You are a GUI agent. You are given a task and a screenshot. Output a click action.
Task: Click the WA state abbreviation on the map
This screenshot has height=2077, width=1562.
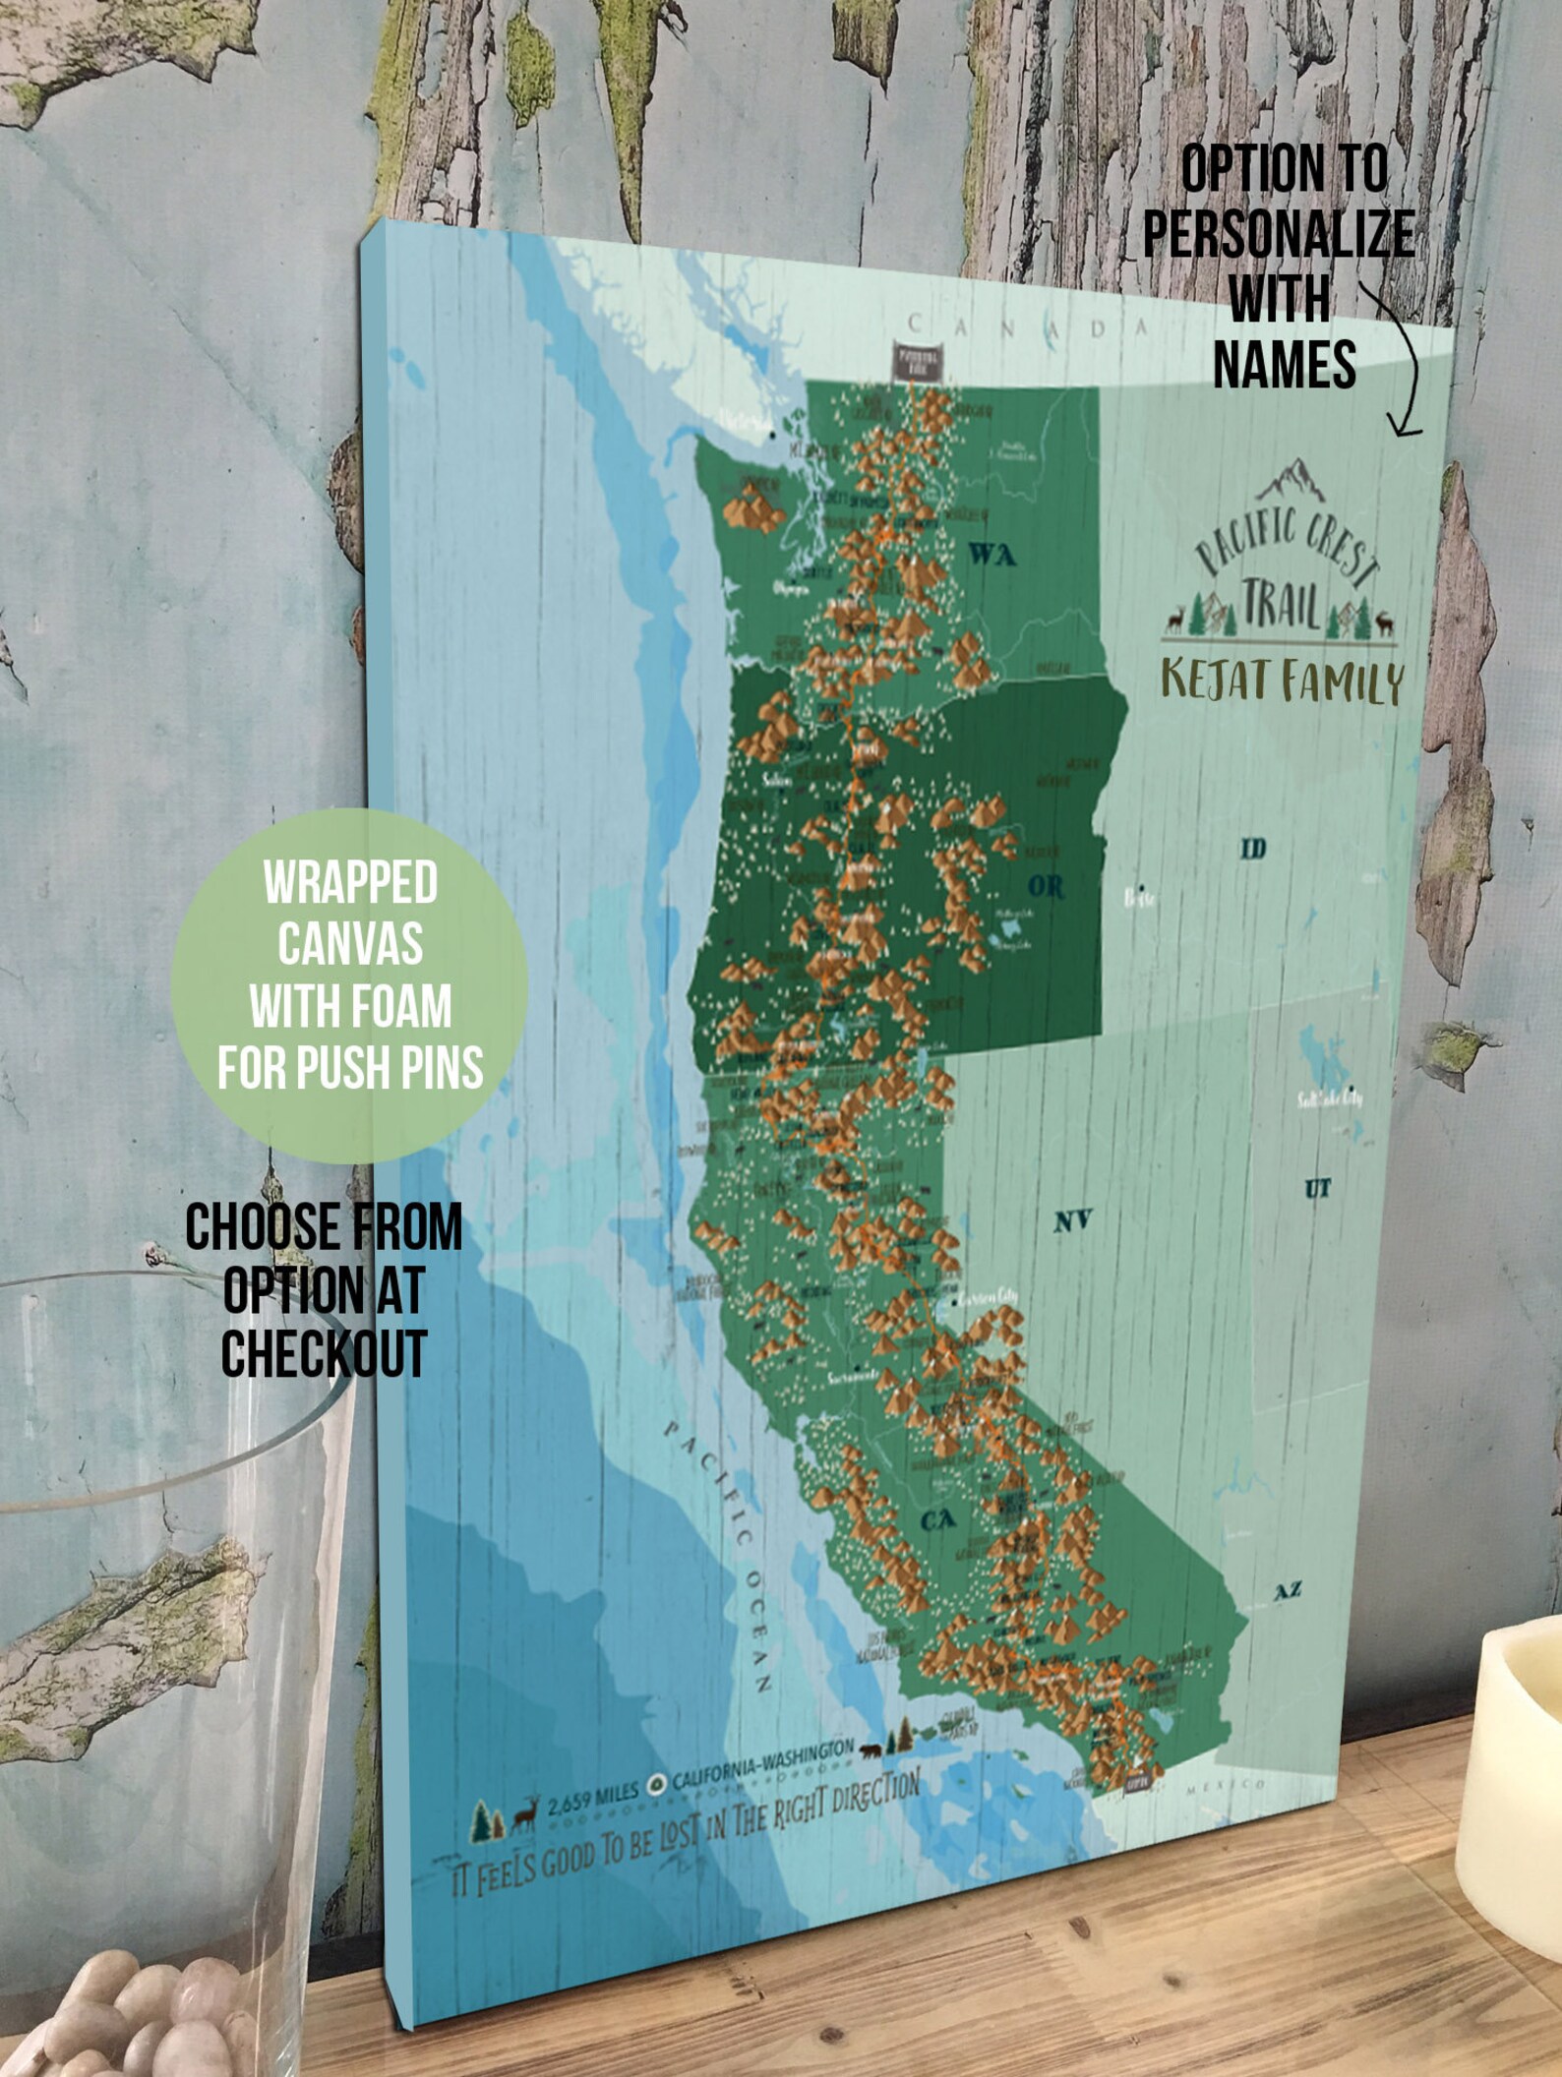(992, 555)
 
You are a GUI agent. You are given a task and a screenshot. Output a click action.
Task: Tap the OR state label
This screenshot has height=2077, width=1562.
(1046, 886)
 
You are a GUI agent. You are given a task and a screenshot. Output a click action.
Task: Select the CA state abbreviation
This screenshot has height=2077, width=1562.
(938, 1520)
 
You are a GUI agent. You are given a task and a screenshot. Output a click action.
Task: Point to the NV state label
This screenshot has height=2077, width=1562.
(1072, 1220)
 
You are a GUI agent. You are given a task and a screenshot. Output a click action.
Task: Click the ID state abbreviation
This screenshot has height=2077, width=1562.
(1252, 848)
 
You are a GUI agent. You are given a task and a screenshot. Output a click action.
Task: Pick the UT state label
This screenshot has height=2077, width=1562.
(1317, 1189)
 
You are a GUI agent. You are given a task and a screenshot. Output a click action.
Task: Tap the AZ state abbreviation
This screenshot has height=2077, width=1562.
(1288, 1590)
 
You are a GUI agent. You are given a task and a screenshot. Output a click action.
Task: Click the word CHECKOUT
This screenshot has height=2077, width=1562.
(324, 1353)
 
